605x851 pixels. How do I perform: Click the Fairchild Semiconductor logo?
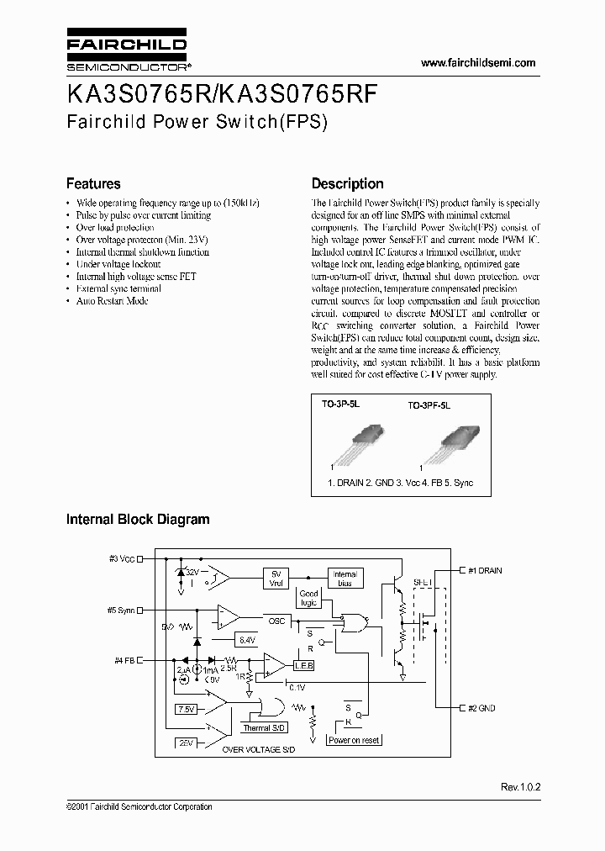(x=127, y=52)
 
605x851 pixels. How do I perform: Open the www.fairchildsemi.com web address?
(x=477, y=63)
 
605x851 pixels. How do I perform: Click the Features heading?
(x=93, y=183)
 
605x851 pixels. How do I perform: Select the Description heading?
(x=347, y=183)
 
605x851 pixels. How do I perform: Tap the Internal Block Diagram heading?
(x=138, y=520)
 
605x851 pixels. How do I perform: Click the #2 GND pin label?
(x=481, y=708)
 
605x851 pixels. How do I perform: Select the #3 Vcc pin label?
(x=123, y=558)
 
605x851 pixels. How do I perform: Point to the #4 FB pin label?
(x=124, y=660)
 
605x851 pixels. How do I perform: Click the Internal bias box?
(x=345, y=578)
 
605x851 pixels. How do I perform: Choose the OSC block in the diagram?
(x=277, y=621)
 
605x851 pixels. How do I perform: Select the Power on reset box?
(x=354, y=740)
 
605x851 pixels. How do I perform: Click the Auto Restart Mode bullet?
(x=112, y=300)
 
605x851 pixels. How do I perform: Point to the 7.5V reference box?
(x=187, y=710)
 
